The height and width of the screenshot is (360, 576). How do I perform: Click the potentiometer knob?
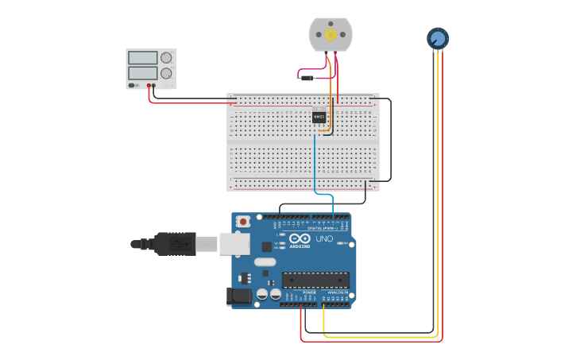[438, 38]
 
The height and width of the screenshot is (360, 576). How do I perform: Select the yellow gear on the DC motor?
[331, 36]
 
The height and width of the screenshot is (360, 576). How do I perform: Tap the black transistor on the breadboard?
[319, 116]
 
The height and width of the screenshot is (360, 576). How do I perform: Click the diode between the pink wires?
[306, 78]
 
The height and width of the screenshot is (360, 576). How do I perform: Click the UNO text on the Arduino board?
[324, 238]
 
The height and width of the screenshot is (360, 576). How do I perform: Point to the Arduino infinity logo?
[300, 238]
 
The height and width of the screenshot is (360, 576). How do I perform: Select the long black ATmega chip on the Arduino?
[315, 280]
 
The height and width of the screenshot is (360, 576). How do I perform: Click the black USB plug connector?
[175, 244]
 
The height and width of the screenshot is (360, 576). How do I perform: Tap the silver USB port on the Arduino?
[234, 244]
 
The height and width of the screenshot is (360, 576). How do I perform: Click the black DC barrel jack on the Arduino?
[238, 296]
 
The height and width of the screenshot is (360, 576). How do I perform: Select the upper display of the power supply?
[142, 58]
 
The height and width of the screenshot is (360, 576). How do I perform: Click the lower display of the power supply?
[142, 73]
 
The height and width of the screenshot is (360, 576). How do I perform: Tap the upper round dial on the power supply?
[166, 58]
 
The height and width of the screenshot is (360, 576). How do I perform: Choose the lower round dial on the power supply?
[166, 73]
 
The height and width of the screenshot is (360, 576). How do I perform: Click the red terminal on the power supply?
[149, 85]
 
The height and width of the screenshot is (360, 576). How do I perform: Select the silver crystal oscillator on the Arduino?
[265, 261]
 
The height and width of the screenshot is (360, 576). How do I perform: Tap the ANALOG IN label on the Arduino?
[337, 292]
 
